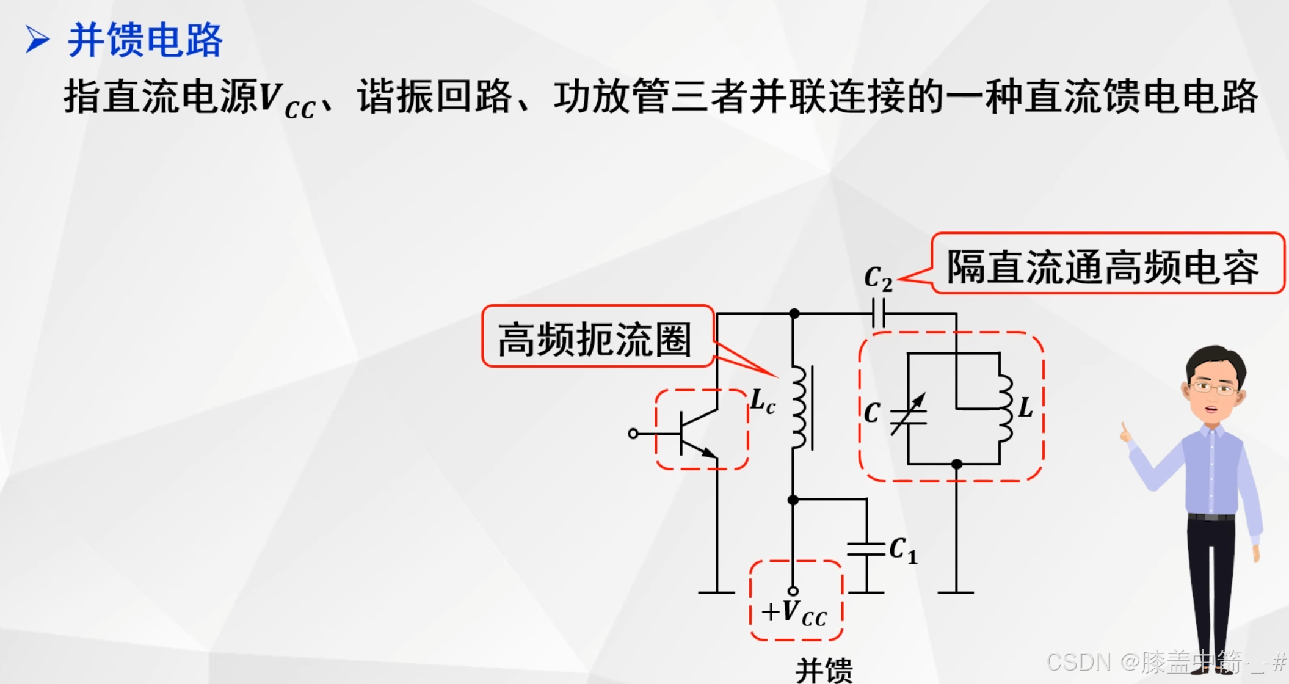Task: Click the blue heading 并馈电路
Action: coord(145,40)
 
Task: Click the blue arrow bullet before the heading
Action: coord(37,40)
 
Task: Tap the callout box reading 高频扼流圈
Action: coord(597,338)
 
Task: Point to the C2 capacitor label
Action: coord(878,278)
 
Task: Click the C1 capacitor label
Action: coord(902,550)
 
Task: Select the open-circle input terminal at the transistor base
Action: coord(633,434)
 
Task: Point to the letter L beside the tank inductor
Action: coord(1025,407)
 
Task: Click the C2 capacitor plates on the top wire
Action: coord(878,313)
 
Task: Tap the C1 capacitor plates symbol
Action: coord(866,549)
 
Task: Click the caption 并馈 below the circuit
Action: coord(824,670)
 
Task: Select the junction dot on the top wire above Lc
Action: coord(794,313)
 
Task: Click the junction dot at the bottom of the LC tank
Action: coord(957,464)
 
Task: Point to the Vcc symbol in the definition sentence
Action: coord(287,100)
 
